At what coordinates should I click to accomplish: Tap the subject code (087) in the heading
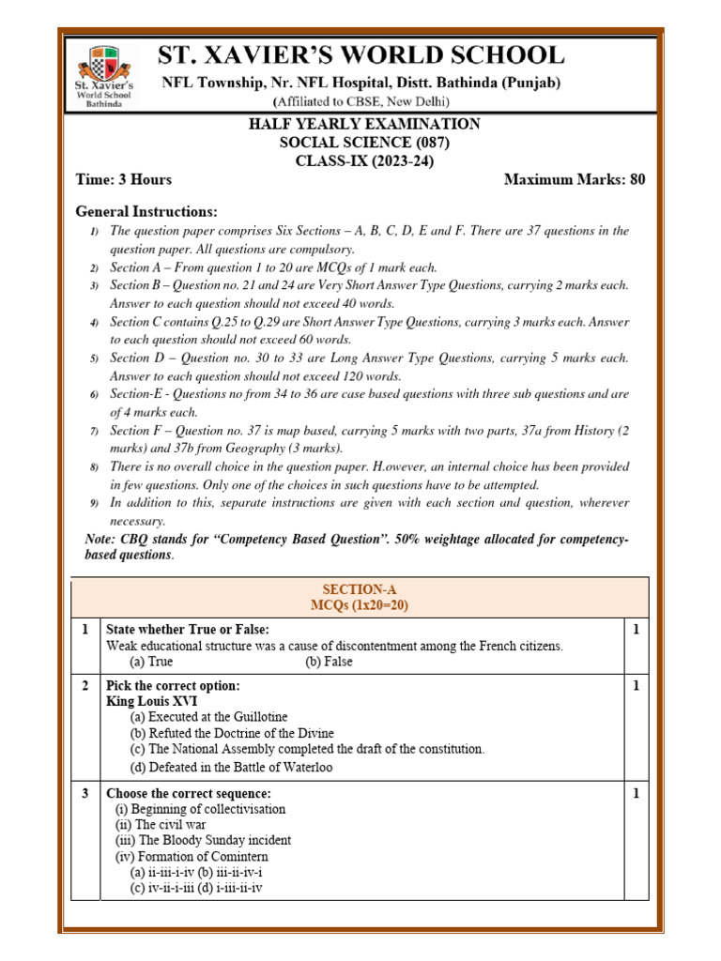click(x=430, y=143)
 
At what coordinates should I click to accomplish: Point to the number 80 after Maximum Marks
click(x=637, y=179)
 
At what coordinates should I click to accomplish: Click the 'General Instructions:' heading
click(x=146, y=211)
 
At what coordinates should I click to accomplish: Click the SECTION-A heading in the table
click(x=360, y=589)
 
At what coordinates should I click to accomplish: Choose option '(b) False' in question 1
click(x=329, y=662)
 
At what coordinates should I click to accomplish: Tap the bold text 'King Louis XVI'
click(x=151, y=701)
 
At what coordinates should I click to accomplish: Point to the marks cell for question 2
click(x=635, y=686)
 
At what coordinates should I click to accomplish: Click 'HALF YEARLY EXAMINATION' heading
click(x=363, y=124)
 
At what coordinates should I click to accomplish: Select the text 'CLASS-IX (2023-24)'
click(x=363, y=160)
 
